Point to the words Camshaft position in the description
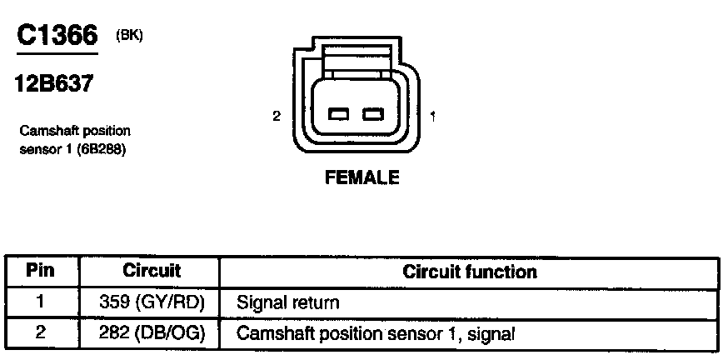click(x=74, y=131)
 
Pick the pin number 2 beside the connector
click(x=276, y=116)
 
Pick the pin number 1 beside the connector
click(x=432, y=116)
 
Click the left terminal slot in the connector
click(x=338, y=114)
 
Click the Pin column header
click(x=41, y=272)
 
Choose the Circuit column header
click(x=152, y=272)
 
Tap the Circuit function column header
click(x=470, y=272)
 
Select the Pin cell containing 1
click(x=41, y=302)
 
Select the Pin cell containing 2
click(x=41, y=334)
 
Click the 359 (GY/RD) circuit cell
click(x=152, y=302)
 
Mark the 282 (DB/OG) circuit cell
click(x=152, y=334)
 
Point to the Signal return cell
click(x=288, y=302)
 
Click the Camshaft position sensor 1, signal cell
click(x=376, y=334)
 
